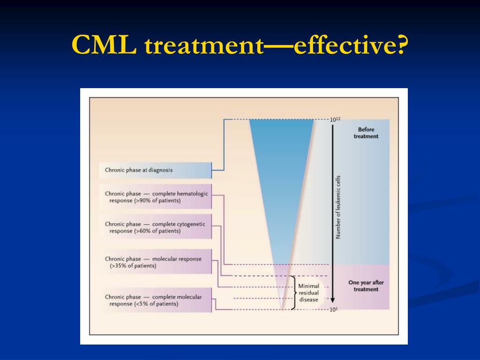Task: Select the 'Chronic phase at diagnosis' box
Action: click(x=155, y=170)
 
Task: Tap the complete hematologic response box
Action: click(x=155, y=196)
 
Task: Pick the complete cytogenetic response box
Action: click(x=155, y=227)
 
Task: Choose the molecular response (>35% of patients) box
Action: click(x=155, y=262)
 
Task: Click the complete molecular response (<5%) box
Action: click(x=155, y=300)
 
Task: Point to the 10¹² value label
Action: click(x=335, y=120)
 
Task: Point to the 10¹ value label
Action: click(x=333, y=310)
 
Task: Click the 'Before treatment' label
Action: click(x=366, y=133)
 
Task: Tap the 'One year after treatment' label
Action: click(x=366, y=286)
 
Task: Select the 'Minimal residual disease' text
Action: click(x=308, y=292)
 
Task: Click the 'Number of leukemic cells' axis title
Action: click(x=338, y=207)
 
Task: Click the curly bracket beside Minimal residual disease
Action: click(x=293, y=292)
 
